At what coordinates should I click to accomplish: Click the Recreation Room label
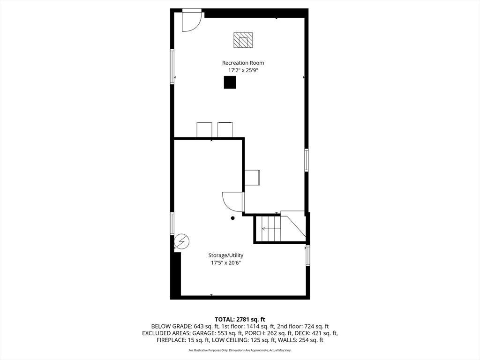243,63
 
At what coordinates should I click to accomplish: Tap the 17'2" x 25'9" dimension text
243,70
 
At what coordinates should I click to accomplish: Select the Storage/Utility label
226,255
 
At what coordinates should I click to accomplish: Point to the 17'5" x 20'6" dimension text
226,263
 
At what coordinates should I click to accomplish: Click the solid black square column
230,82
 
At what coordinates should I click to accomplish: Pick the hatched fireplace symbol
243,40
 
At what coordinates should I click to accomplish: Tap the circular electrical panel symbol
182,241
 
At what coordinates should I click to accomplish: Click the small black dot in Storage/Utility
232,218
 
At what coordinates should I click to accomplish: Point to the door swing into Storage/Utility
233,202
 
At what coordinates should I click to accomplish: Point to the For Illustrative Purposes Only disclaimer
240,350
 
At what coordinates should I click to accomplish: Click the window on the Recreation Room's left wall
172,67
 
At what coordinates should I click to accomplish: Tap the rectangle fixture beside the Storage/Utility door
252,178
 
